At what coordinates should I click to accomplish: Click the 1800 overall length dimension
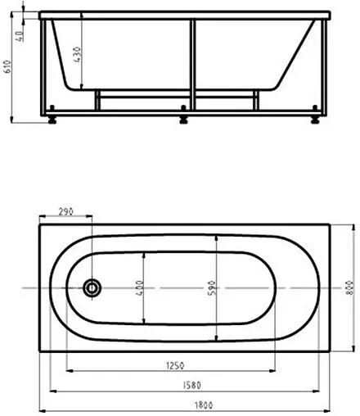pyautogui.click(x=204, y=405)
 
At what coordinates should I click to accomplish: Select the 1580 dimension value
pyautogui.click(x=191, y=385)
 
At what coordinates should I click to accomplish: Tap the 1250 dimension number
pyautogui.click(x=175, y=365)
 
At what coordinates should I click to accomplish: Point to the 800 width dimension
pyautogui.click(x=349, y=287)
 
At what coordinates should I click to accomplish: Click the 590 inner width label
pyautogui.click(x=212, y=287)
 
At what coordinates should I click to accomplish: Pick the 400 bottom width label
pyautogui.click(x=139, y=287)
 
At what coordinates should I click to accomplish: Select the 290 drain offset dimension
pyautogui.click(x=65, y=211)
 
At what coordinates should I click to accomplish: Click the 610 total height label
pyautogui.click(x=7, y=66)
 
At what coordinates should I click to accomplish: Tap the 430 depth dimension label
pyautogui.click(x=78, y=55)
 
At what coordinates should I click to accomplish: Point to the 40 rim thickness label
pyautogui.click(x=20, y=36)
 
